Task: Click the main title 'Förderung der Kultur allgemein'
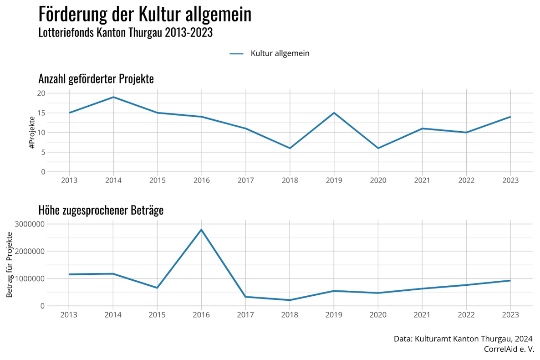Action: coord(145,15)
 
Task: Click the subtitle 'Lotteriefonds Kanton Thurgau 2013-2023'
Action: coord(126,33)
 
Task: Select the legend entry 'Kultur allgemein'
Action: coord(280,53)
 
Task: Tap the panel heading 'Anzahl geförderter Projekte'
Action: coord(96,79)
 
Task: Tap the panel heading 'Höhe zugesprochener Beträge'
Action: coord(101,210)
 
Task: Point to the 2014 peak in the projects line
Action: coord(113,97)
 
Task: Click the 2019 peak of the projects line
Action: coord(334,113)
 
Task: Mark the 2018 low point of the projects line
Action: coord(290,148)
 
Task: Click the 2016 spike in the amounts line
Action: coord(201,230)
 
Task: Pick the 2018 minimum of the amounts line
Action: coord(290,300)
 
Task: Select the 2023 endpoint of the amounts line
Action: coord(510,280)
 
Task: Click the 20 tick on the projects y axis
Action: coord(41,93)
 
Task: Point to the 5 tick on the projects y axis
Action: coord(43,152)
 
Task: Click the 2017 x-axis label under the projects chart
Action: coord(246,180)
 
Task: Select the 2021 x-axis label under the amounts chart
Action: coord(422,314)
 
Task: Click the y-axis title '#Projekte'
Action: coord(32,133)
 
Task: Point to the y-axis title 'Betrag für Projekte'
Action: coord(10,265)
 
